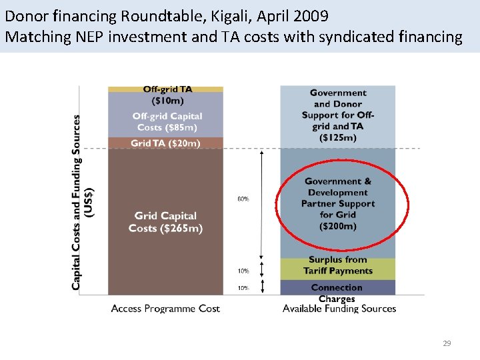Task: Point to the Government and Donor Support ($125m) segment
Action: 337,115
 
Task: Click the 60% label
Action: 244,198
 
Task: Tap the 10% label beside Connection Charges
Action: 244,288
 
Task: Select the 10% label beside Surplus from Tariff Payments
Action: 244,271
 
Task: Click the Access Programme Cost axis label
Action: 165,309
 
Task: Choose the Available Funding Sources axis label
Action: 339,309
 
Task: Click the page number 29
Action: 447,343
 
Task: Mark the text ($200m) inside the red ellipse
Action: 337,226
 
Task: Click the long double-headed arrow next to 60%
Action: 262,204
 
